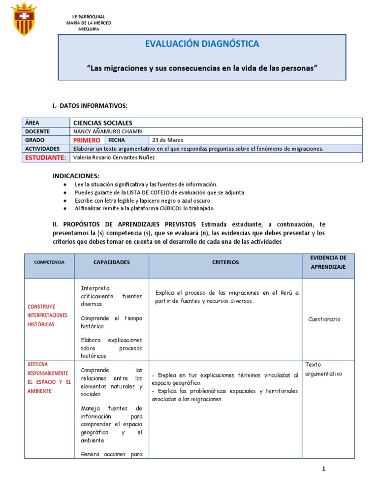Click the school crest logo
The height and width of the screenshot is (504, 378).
tap(24, 19)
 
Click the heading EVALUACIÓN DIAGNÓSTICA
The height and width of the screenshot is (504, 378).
tap(202, 44)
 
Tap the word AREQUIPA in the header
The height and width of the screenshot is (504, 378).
tap(89, 29)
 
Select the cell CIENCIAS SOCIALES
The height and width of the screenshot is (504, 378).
tap(103, 123)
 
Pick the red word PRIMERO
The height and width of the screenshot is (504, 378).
tap(87, 140)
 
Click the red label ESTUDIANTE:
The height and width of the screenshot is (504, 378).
tap(45, 157)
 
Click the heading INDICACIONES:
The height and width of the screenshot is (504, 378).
tap(76, 176)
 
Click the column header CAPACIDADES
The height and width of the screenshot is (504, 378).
tap(112, 262)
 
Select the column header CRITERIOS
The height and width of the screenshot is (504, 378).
tap(225, 262)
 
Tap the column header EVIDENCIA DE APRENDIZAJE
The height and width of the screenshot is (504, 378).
tap(328, 262)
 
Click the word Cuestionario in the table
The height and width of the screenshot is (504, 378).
tap(324, 319)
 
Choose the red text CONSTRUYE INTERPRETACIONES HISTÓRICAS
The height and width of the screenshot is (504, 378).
tap(48, 315)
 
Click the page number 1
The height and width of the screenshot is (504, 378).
tap(324, 469)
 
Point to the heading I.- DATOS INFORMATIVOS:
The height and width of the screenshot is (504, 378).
tap(90, 106)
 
